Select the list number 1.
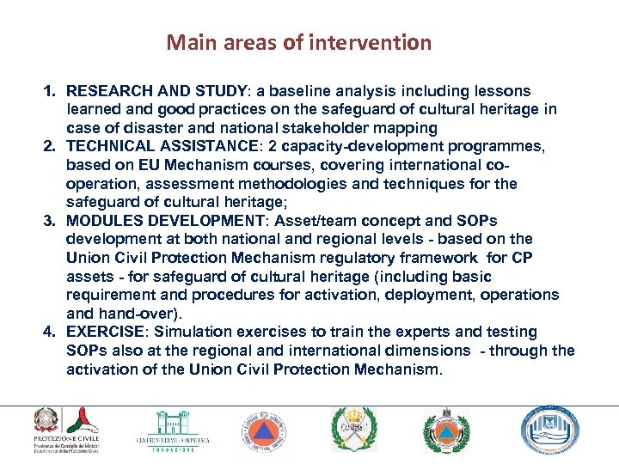coord(50,91)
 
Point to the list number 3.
coord(50,221)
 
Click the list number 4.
coord(50,332)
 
